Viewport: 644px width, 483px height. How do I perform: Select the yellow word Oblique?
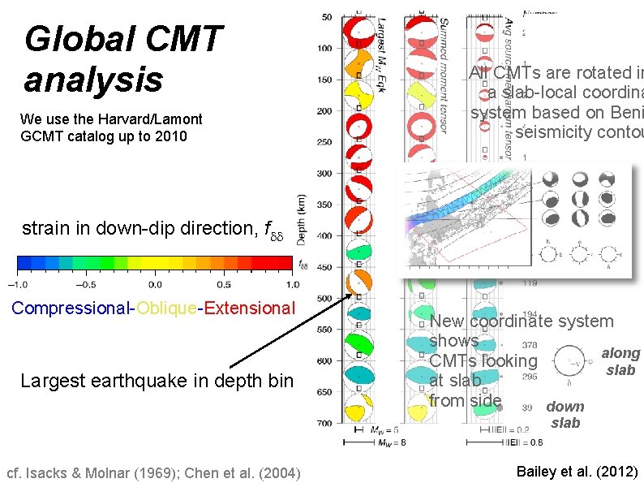pos(165,308)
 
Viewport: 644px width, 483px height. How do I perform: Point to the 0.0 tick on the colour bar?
pos(154,284)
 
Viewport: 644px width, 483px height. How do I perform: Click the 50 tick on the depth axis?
pos(326,17)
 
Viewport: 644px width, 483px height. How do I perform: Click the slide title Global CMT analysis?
pos(122,59)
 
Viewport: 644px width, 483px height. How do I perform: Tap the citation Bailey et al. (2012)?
pos(577,472)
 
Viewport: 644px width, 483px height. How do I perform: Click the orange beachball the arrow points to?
pos(357,283)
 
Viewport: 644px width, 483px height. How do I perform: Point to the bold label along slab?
pos(620,361)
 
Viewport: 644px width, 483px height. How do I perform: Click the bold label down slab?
pos(565,415)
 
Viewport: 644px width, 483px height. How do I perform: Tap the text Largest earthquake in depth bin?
pos(157,380)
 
